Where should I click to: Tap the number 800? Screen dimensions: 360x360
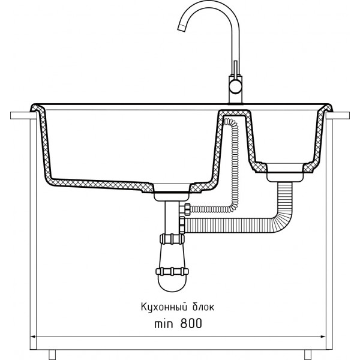(x=191, y=323)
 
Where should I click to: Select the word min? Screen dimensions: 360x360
(x=163, y=324)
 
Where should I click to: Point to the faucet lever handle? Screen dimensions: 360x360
(x=235, y=68)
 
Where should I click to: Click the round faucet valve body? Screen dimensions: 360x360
(x=236, y=87)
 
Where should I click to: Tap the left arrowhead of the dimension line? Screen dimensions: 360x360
(x=33, y=337)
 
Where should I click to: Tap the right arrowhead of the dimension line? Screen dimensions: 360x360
(x=323, y=337)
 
